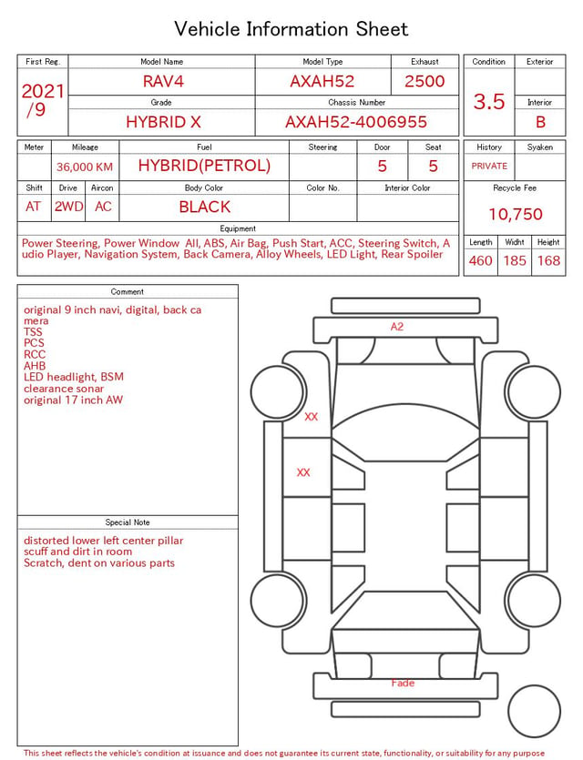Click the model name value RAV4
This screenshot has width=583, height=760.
163,81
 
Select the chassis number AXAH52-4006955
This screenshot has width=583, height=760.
356,122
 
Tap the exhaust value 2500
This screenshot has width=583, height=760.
424,81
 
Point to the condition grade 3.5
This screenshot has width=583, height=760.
489,101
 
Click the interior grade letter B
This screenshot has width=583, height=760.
540,122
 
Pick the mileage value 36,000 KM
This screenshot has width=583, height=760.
85,167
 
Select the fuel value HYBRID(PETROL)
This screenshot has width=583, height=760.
204,166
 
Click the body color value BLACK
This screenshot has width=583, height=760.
205,207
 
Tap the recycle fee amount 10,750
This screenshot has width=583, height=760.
515,214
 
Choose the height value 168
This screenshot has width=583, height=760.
548,260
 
